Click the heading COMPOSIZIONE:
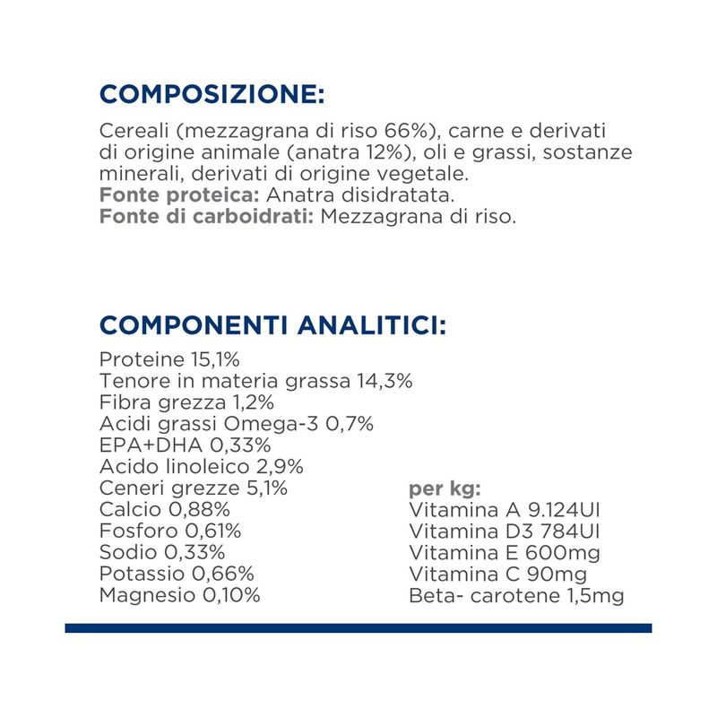pos(211,94)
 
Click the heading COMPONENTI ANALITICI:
pos(272,324)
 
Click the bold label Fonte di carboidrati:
pos(206,217)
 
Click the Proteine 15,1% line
pos(169,359)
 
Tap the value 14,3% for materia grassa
pos(385,381)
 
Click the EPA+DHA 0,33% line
pos(186,445)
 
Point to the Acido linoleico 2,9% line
pos(202,467)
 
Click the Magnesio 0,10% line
pos(180,596)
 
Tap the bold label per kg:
pos(445,488)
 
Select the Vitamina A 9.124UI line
pos(504,510)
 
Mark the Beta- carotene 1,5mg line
pos(515,596)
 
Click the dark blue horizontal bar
pos(358,628)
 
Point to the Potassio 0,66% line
pos(177,574)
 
